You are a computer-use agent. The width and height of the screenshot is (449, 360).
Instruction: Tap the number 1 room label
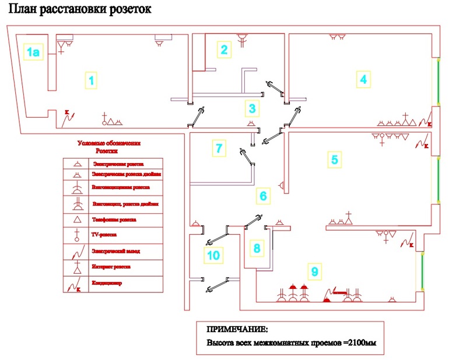[x=90, y=80]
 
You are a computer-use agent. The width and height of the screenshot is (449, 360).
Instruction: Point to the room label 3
[x=251, y=108]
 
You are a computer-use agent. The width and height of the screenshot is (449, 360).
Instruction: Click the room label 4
[x=363, y=79]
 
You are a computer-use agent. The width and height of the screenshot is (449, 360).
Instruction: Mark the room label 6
[x=263, y=196]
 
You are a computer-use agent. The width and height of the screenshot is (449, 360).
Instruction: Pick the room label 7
[x=219, y=148]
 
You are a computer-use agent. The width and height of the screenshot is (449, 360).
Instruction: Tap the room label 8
[x=257, y=248]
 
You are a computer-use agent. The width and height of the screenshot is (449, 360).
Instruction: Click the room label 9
[x=314, y=271]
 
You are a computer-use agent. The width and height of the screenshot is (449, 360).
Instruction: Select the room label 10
[x=213, y=254]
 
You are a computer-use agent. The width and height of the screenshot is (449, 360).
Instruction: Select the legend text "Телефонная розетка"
[x=114, y=220]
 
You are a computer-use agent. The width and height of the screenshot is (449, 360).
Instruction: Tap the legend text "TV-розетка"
[x=105, y=235]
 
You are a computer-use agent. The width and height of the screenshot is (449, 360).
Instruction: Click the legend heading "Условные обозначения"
[x=110, y=143]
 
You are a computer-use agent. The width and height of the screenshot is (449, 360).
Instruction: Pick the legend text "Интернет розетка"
[x=111, y=267]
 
